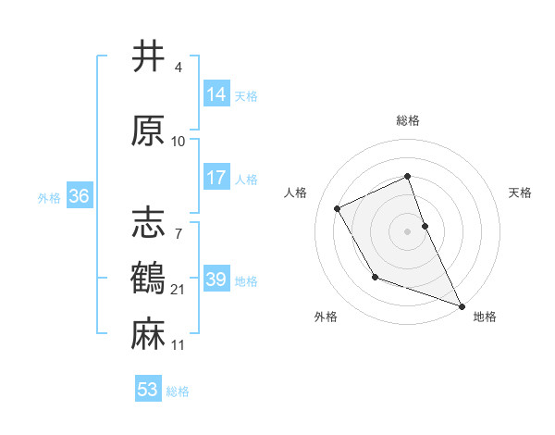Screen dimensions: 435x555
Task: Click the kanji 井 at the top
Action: (149, 56)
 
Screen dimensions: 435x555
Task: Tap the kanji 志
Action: (149, 223)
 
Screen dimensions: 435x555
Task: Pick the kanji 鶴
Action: (149, 278)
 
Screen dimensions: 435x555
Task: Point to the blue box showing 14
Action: (216, 94)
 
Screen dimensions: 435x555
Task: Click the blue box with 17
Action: (216, 178)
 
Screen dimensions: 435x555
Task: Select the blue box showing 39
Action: (216, 280)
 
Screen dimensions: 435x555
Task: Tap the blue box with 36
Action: (79, 196)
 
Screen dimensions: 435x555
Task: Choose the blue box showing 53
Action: (148, 390)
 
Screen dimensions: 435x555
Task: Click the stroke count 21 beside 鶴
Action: (179, 291)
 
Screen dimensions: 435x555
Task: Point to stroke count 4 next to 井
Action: (178, 68)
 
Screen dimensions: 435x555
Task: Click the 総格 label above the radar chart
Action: (407, 120)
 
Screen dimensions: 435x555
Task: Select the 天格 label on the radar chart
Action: (520, 193)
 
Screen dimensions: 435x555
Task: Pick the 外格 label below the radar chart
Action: (326, 317)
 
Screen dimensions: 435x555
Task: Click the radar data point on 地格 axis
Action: (462, 306)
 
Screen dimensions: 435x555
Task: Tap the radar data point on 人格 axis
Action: (338, 208)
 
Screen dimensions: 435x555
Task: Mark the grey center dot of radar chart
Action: (407, 230)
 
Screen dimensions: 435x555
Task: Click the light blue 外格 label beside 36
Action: (48, 197)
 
